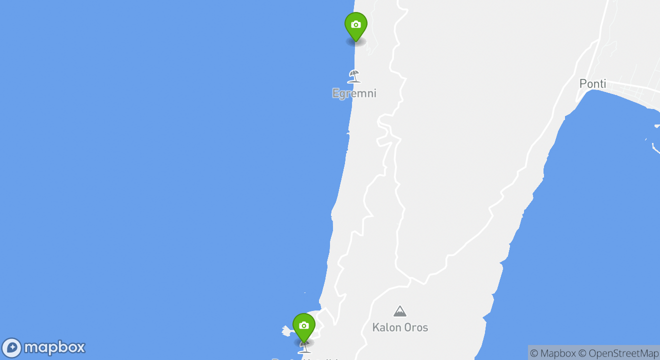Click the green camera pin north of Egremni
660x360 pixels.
(x=355, y=25)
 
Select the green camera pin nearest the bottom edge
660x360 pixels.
(x=303, y=326)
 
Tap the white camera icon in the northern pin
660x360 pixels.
(x=355, y=24)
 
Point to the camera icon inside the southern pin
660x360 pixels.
(x=303, y=325)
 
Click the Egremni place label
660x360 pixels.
(x=354, y=93)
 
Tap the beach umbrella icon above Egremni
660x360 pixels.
(x=354, y=76)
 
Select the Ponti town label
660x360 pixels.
(x=592, y=84)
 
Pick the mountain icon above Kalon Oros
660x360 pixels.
(x=399, y=311)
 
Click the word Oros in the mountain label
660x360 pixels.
(x=415, y=328)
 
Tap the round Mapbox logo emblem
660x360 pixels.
(x=12, y=348)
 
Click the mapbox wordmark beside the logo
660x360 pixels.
(x=54, y=347)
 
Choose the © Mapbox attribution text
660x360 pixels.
(x=552, y=353)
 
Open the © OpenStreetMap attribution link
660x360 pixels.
(x=618, y=353)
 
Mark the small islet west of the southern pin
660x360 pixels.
(x=286, y=330)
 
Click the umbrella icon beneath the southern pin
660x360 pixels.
(x=304, y=348)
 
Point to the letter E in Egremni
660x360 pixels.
(x=335, y=93)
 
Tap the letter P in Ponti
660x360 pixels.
(x=582, y=84)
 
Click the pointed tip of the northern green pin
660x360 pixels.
(x=355, y=41)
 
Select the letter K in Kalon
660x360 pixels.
(x=375, y=328)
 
